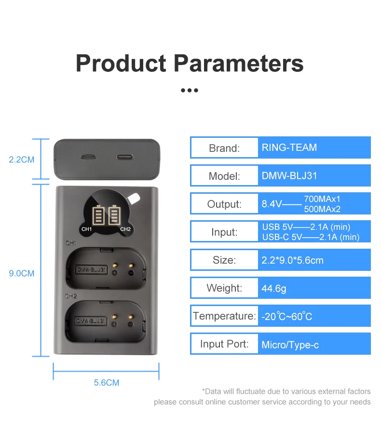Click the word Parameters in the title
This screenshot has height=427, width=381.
pyautogui.click(x=238, y=64)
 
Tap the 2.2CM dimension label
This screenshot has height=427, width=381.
pyautogui.click(x=22, y=160)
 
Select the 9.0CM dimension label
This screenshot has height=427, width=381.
pyautogui.click(x=22, y=273)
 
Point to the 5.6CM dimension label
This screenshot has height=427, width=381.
pyautogui.click(x=106, y=383)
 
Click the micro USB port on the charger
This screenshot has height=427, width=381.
pyautogui.click(x=87, y=157)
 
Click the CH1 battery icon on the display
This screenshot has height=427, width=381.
pyautogui.click(x=99, y=215)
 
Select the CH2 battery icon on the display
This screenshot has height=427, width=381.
pyautogui.click(x=115, y=215)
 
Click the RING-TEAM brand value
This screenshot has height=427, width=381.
pyautogui.click(x=289, y=147)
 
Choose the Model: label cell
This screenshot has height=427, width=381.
pyautogui.click(x=224, y=176)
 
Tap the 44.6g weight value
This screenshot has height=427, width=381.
pyautogui.click(x=274, y=289)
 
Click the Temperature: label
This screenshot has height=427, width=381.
pyautogui.click(x=224, y=316)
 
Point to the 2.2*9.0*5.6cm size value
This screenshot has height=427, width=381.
pyautogui.click(x=292, y=261)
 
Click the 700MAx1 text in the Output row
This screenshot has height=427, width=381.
pyautogui.click(x=323, y=199)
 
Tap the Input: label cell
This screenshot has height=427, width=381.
pyautogui.click(x=224, y=232)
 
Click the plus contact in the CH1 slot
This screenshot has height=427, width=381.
pyautogui.click(x=115, y=272)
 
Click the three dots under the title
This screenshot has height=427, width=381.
pyautogui.click(x=190, y=90)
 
